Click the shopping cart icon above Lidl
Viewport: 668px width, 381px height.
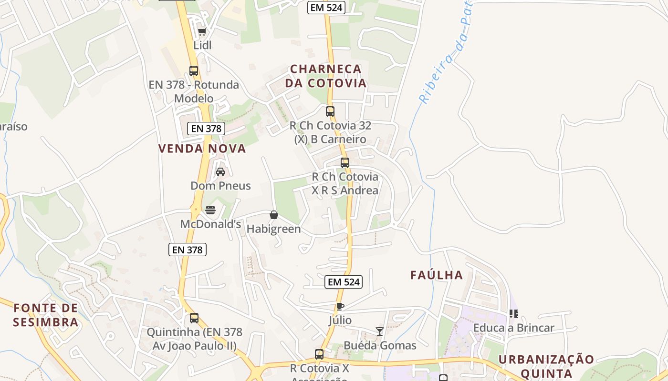[202, 32]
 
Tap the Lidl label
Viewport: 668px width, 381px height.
[202, 45]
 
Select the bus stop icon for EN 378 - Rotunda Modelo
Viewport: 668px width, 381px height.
[194, 71]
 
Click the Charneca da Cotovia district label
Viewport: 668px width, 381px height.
[326, 76]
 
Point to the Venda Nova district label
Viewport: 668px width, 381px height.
[202, 149]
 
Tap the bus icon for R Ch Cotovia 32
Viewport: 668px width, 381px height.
[330, 111]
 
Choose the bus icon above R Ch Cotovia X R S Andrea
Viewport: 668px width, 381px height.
[345, 163]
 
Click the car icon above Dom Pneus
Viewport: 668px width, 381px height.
[220, 172]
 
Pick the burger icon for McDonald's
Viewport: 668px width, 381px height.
[210, 210]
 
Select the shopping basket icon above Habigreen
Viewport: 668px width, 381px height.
[274, 215]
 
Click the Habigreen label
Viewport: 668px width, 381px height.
[273, 229]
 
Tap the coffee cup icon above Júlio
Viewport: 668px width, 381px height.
[340, 306]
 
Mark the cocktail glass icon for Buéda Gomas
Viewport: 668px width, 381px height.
[380, 331]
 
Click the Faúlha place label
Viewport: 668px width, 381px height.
[437, 275]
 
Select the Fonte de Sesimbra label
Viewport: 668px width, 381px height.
[46, 315]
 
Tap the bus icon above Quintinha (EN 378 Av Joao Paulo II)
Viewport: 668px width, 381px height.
[194, 318]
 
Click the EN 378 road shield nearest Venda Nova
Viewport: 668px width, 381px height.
[206, 129]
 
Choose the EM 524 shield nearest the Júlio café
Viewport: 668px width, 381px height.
[344, 282]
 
